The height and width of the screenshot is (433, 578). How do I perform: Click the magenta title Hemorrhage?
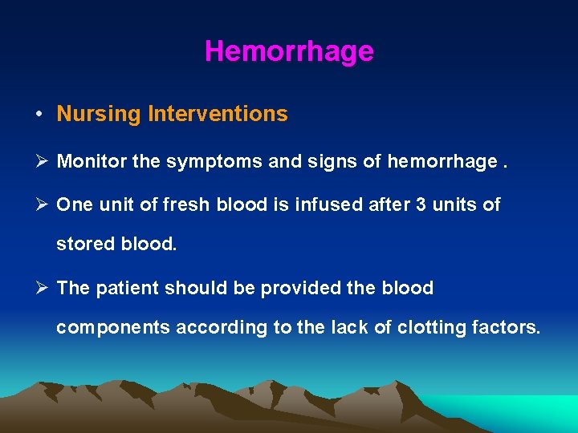tap(289, 51)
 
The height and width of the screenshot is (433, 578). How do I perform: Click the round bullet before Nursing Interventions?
tap(39, 115)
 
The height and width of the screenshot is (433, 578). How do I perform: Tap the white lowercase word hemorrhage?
tap(442, 162)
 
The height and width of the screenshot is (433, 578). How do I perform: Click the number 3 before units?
tap(421, 205)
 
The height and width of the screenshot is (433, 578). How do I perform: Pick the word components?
tap(112, 327)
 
